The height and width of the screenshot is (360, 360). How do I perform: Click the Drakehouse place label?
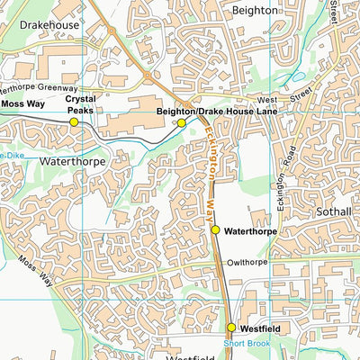click(49, 25)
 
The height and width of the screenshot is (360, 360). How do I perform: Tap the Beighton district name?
click(256, 9)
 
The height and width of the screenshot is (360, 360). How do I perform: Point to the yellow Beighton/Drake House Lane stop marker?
click(181, 122)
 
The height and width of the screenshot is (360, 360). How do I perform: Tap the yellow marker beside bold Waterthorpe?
click(216, 230)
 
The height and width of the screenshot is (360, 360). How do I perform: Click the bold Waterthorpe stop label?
click(248, 231)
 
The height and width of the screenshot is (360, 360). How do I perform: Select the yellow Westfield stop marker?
click(231, 328)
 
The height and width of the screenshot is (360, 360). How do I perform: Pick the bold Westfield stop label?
click(260, 329)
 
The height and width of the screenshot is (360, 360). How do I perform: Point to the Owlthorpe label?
click(248, 262)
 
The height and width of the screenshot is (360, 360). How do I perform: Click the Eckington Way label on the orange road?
click(209, 171)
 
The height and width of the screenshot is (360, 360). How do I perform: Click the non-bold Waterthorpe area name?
click(72, 161)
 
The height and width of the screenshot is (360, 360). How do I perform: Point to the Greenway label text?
click(58, 88)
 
